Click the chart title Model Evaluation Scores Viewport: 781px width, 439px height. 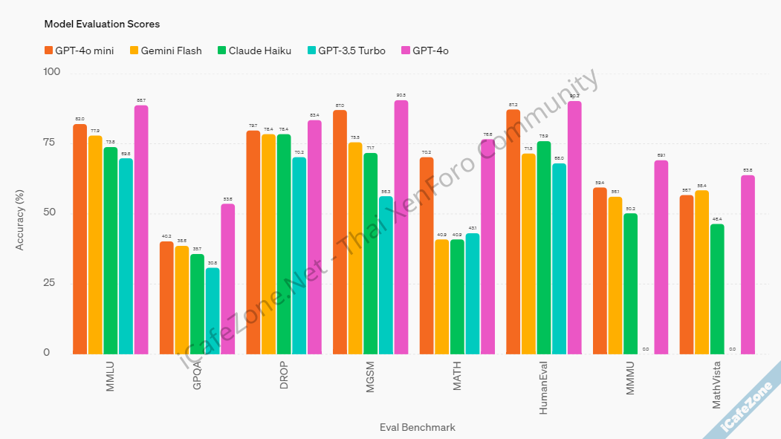102,24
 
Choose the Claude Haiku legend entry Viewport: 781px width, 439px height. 253,51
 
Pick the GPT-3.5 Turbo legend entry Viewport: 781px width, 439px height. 346,51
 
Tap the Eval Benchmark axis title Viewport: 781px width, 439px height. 418,427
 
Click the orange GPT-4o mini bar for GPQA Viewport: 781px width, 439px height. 166,297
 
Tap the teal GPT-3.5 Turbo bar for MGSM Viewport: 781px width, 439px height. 386,274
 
